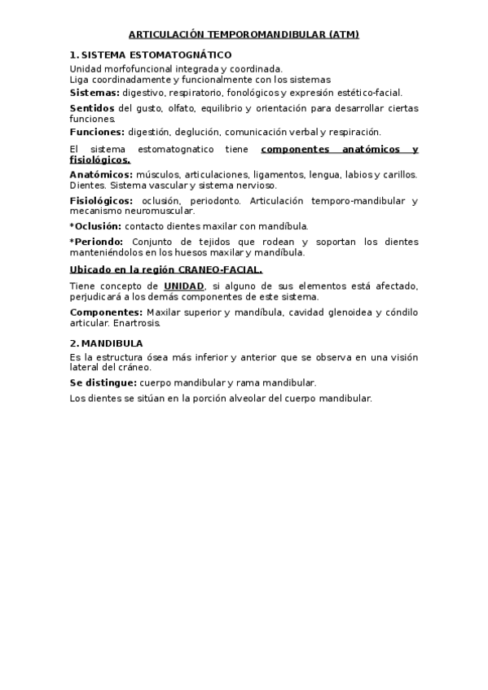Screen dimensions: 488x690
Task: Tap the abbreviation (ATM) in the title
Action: pos(342,35)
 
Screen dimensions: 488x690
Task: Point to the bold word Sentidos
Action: pos(92,108)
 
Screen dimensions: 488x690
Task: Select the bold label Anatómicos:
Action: pos(101,175)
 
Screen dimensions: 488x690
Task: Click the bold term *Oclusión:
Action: pos(96,225)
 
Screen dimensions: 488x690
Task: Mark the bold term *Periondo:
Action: pos(97,242)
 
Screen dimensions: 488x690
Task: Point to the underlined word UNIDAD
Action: pos(184,286)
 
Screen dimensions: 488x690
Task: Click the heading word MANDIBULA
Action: pos(112,343)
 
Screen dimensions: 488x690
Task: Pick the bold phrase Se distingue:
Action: pos(103,382)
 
